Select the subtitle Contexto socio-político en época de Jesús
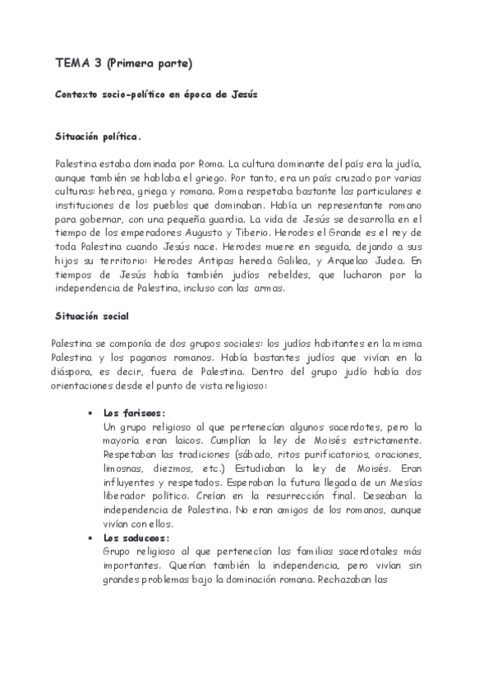tap(156, 95)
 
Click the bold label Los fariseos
tap(134, 413)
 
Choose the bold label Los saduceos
tap(136, 538)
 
